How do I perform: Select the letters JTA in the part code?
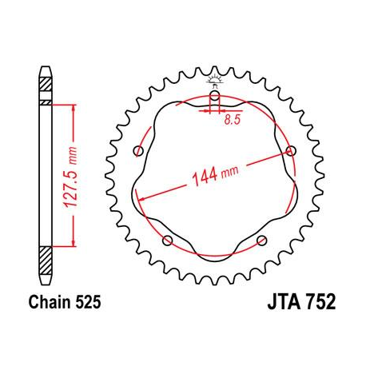276,304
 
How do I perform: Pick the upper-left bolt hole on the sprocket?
139,151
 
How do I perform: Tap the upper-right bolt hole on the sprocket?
289,151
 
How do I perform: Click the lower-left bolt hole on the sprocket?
168,241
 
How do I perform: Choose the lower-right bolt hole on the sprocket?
261,241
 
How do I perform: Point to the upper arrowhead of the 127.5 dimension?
75,108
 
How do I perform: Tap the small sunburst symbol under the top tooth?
214,79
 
